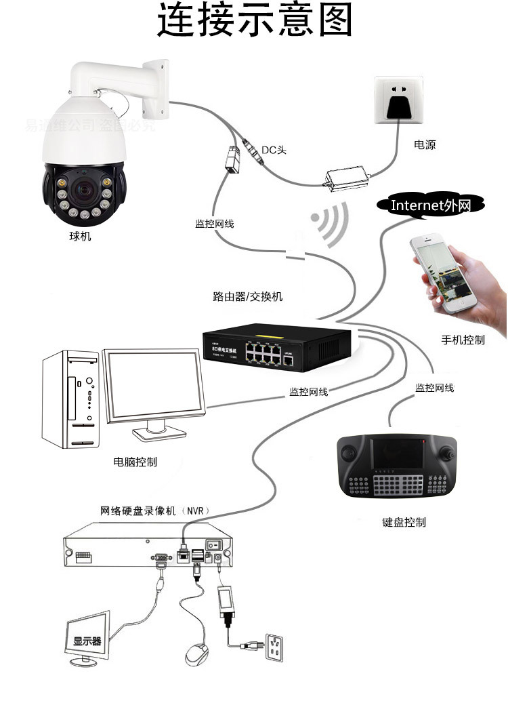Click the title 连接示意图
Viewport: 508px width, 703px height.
pos(255,21)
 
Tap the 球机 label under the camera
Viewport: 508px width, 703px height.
pos(80,237)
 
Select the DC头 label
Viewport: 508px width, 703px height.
pos(274,149)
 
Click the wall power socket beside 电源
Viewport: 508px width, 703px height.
pos(398,100)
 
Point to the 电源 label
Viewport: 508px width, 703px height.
pos(425,145)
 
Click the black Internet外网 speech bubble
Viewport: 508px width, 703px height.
pos(430,205)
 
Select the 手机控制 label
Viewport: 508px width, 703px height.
pos(463,340)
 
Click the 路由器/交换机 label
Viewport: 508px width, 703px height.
pos(248,296)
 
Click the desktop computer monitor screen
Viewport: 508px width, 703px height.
pos(154,388)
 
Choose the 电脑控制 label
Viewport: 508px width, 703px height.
pos(135,462)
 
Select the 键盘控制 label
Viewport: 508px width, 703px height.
pos(404,523)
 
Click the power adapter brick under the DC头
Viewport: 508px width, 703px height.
pos(347,176)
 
